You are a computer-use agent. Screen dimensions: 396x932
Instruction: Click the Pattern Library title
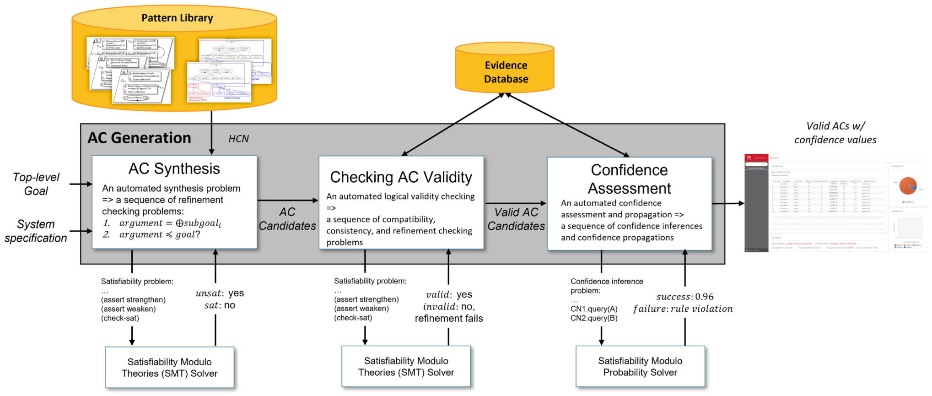point(177,18)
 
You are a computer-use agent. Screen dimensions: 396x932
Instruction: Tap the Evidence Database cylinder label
point(506,72)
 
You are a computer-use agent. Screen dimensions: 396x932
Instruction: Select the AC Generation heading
point(139,138)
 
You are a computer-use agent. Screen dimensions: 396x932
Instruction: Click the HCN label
point(238,139)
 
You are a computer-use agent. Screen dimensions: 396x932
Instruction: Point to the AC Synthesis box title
point(174,168)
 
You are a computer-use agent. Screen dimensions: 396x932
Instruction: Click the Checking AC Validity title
point(401,177)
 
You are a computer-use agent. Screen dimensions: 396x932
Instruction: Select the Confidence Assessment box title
point(629,179)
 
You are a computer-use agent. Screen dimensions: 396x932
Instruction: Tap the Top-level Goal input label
point(36,184)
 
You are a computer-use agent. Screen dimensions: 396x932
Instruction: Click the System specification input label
point(36,231)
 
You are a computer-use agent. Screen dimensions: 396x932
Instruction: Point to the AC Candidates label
point(287,219)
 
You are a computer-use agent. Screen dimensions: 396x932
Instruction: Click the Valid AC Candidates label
point(516,219)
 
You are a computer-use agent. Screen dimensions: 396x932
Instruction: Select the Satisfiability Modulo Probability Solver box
point(640,367)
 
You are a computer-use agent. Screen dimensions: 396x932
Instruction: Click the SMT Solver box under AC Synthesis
point(169,368)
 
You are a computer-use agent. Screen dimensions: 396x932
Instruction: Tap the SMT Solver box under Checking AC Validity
point(406,367)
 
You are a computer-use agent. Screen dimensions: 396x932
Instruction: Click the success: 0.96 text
point(684,297)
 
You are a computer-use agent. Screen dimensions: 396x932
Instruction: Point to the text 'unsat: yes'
point(220,293)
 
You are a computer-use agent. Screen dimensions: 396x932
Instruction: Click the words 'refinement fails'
point(449,319)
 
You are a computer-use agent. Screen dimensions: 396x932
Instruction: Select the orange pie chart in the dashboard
point(907,185)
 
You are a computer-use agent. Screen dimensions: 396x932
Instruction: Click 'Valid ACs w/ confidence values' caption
point(835,133)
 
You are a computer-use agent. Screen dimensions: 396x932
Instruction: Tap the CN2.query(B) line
point(593,318)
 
